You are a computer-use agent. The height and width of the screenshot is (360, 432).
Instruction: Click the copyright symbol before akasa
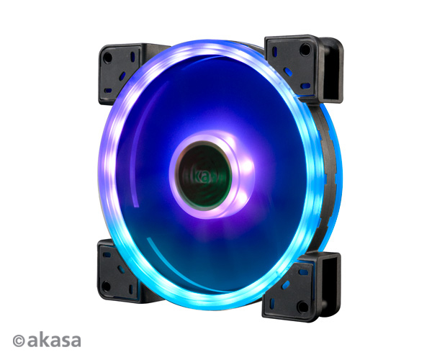19,341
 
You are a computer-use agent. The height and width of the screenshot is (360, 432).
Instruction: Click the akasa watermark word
54,341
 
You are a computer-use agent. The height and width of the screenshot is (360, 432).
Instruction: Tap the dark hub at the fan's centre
203,176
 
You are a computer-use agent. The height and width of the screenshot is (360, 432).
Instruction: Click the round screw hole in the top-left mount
108,58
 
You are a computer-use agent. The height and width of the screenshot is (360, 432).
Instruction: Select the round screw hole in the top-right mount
305,50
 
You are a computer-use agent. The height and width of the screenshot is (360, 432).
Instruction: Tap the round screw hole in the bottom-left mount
106,286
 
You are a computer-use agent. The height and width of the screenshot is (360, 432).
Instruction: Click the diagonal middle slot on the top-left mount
122,76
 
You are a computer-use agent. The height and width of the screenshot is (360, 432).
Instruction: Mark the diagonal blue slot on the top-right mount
288,72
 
